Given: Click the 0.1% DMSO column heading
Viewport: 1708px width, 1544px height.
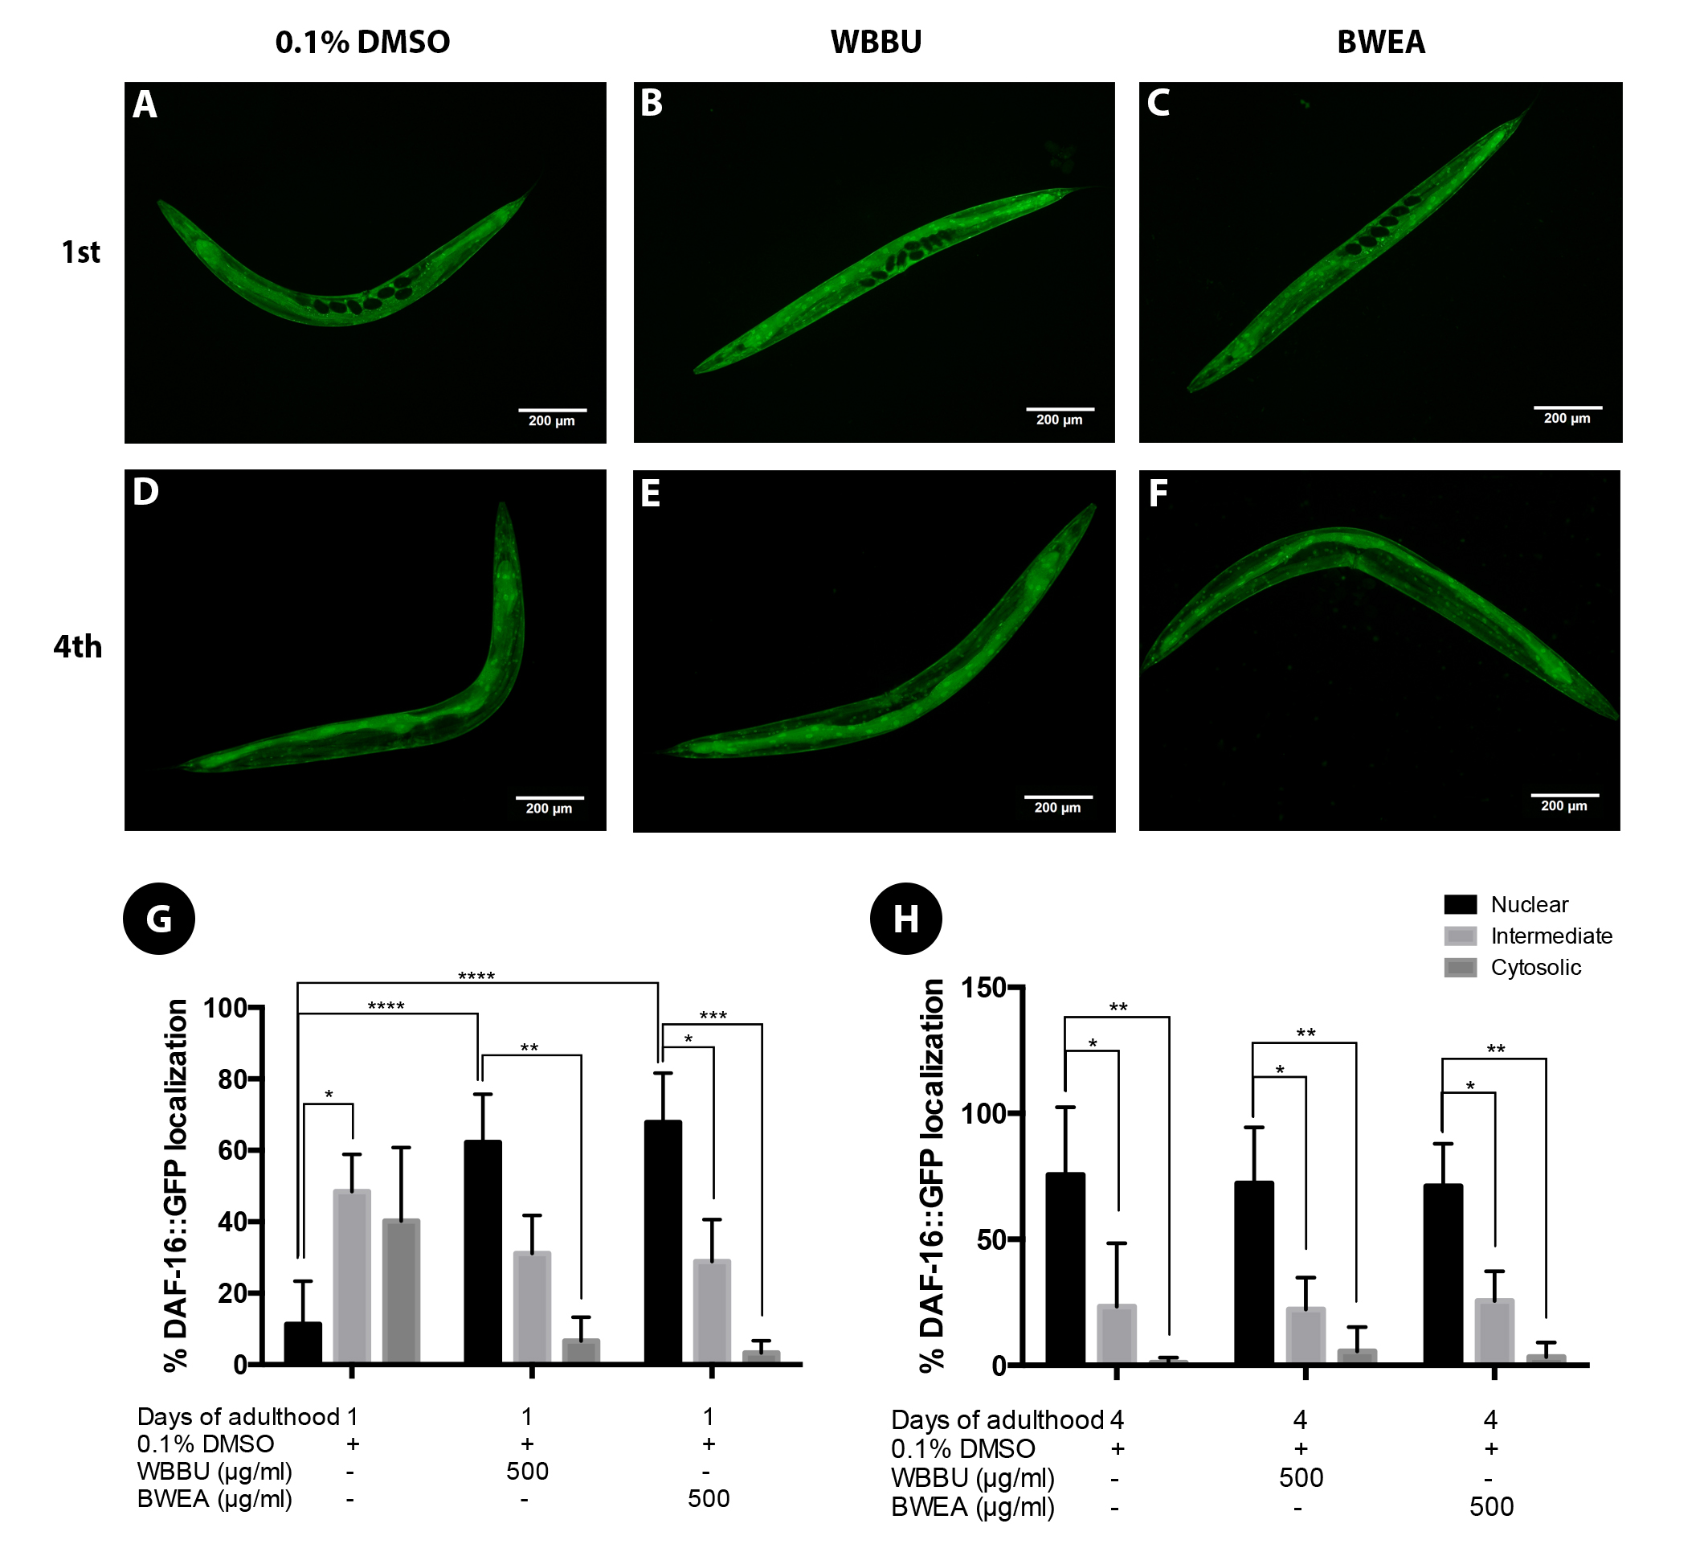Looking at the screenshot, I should [x=362, y=43].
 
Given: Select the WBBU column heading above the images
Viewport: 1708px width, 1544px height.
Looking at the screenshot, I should [x=876, y=43].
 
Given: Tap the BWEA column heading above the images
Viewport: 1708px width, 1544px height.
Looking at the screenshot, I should [x=1381, y=43].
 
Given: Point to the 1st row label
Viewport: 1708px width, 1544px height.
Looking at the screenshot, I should [x=80, y=252].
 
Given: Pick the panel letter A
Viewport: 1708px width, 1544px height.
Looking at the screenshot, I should [x=145, y=105].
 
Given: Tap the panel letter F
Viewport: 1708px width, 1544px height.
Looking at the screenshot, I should [x=1158, y=494].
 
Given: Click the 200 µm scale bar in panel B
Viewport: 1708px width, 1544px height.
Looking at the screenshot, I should [x=1059, y=410].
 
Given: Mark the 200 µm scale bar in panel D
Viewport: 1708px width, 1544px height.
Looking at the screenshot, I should [x=550, y=798].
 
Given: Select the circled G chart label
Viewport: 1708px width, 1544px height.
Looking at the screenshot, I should [x=159, y=919].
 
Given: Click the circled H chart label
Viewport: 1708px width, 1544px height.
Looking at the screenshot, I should [x=905, y=919].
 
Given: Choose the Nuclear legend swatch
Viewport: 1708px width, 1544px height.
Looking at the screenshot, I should [x=1460, y=905].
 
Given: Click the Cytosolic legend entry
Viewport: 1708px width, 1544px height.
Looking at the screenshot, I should [x=1535, y=968].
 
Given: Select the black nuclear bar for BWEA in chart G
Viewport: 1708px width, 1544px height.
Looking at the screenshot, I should [x=663, y=1243].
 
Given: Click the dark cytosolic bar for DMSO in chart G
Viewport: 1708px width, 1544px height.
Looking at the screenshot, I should [x=401, y=1291].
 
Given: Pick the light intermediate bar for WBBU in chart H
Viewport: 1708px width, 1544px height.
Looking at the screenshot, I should [x=1306, y=1336].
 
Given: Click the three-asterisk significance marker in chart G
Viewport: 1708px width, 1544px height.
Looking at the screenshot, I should [x=713, y=1015].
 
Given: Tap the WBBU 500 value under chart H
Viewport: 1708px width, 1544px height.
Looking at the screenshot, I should [x=1301, y=1478].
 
